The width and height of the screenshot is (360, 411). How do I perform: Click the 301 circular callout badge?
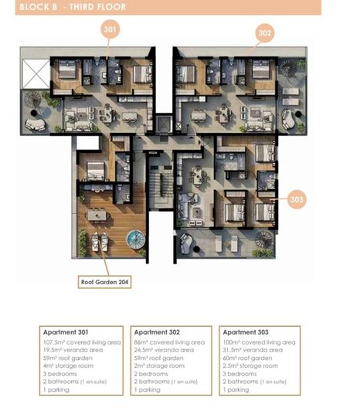110,29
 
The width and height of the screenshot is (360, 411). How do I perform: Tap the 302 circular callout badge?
264,33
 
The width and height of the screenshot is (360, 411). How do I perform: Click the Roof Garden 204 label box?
105,283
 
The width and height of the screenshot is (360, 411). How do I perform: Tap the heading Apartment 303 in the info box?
246,333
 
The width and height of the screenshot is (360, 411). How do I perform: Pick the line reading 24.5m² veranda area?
163,350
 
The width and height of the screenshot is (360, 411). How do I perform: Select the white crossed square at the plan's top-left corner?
36,73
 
